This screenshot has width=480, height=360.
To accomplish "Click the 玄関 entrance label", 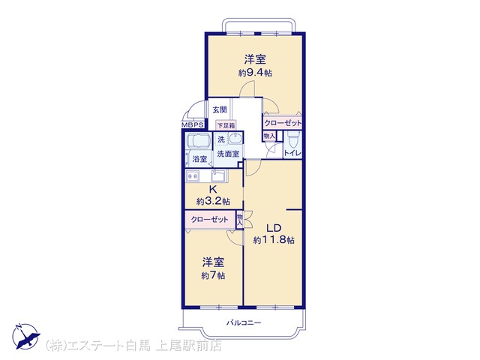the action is click(220, 109).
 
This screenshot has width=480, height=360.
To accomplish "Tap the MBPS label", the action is click(193, 125).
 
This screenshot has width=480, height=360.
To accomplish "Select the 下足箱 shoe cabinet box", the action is click(226, 125).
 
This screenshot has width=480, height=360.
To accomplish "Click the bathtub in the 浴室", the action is click(198, 142).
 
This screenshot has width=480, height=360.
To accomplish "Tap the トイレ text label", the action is click(293, 153).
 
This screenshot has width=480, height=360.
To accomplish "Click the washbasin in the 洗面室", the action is click(235, 139).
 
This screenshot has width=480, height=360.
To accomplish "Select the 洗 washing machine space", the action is click(221, 139).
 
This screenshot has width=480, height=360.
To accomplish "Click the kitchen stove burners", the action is click(193, 176).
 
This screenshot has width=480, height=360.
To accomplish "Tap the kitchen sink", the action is click(218, 175).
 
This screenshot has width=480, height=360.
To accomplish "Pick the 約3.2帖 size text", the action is click(213, 202).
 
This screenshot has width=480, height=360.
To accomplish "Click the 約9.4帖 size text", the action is click(255, 73).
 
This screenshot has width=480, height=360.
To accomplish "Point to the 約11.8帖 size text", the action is click(274, 240).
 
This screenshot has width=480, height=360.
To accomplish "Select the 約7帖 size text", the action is click(213, 275).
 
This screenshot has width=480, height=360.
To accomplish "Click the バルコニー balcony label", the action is click(244, 322).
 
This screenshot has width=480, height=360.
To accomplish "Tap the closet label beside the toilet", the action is click(283, 123).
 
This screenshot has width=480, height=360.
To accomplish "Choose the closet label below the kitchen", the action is click(210, 220).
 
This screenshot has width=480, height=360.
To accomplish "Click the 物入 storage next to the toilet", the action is click(269, 136).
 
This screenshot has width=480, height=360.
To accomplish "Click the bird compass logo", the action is click(26, 336).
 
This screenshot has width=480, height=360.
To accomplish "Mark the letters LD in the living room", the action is click(274, 228).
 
